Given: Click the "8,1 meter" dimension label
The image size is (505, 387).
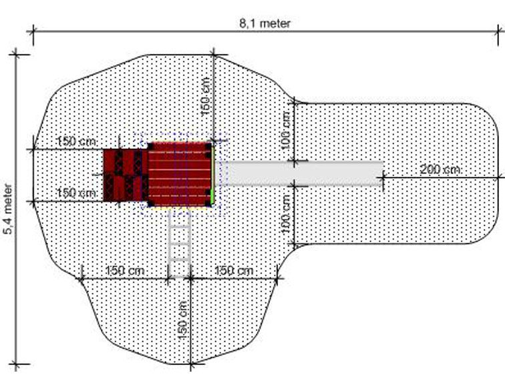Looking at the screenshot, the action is [265, 23].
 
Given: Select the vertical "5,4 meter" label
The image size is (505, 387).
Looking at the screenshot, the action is [8, 208].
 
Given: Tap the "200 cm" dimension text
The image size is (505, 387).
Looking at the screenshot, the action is [440, 169].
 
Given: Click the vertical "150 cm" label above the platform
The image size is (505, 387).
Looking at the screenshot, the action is [206, 97].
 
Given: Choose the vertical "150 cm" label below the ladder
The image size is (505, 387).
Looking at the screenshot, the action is [182, 320].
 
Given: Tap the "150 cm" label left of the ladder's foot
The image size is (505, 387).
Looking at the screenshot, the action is [125, 270].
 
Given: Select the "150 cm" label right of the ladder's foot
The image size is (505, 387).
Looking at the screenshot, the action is [234, 270].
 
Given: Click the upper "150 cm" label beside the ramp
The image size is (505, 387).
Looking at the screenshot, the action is [76, 141].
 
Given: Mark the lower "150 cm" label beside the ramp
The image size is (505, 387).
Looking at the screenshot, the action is [76, 193].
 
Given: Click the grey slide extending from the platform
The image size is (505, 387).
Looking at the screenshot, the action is [305, 173].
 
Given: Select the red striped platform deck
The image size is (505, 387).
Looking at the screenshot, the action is [180, 174].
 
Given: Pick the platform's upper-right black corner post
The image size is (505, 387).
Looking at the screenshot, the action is [208, 146].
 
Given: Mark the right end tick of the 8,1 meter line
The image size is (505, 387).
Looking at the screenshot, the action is [499, 31].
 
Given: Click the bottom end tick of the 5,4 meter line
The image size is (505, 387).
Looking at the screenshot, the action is [16, 364].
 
